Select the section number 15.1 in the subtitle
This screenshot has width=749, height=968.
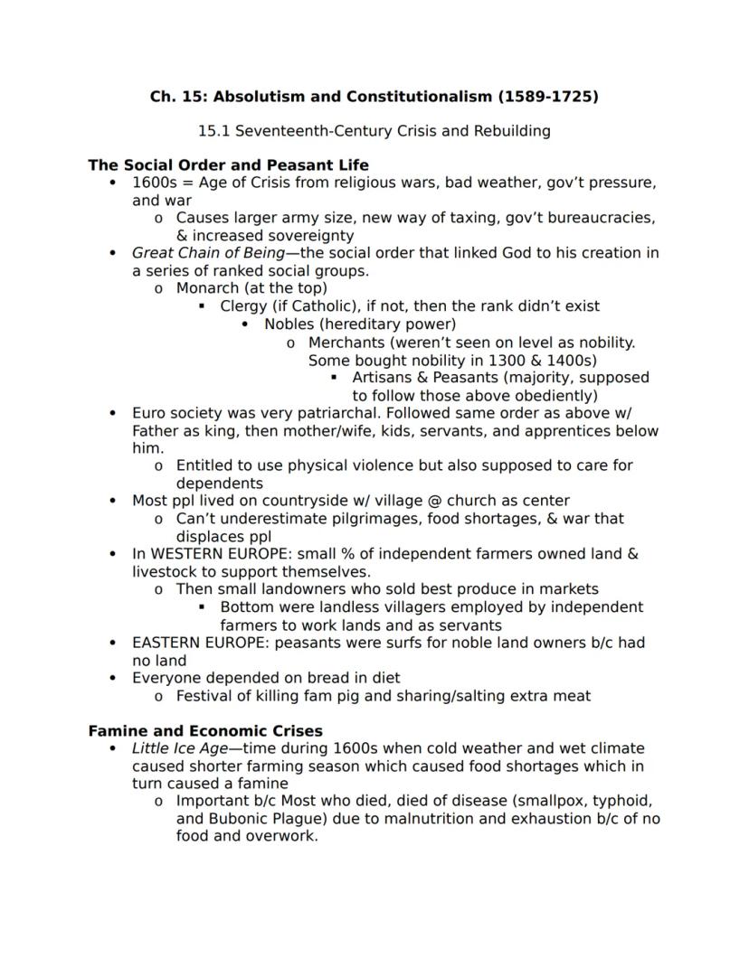pos(214,131)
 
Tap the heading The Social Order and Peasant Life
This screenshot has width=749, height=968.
pos(228,165)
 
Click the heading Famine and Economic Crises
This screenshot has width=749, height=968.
pos(205,730)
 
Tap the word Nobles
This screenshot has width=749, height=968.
pos(289,324)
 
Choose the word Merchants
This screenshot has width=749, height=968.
pos(346,343)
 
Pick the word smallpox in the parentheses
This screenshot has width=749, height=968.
pos(531,802)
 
